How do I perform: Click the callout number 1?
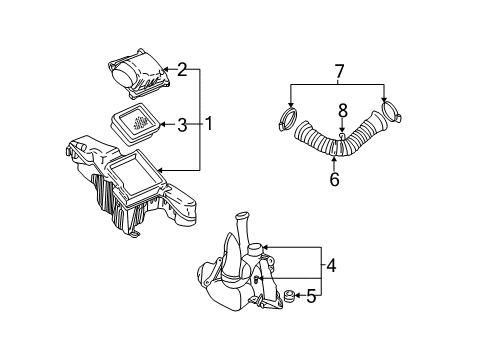click(209, 123)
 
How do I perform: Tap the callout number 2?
click(182, 69)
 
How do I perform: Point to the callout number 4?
click(331, 266)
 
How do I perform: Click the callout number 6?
click(334, 180)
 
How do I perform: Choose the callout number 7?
click(339, 72)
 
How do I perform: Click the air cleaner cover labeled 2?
click(138, 73)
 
